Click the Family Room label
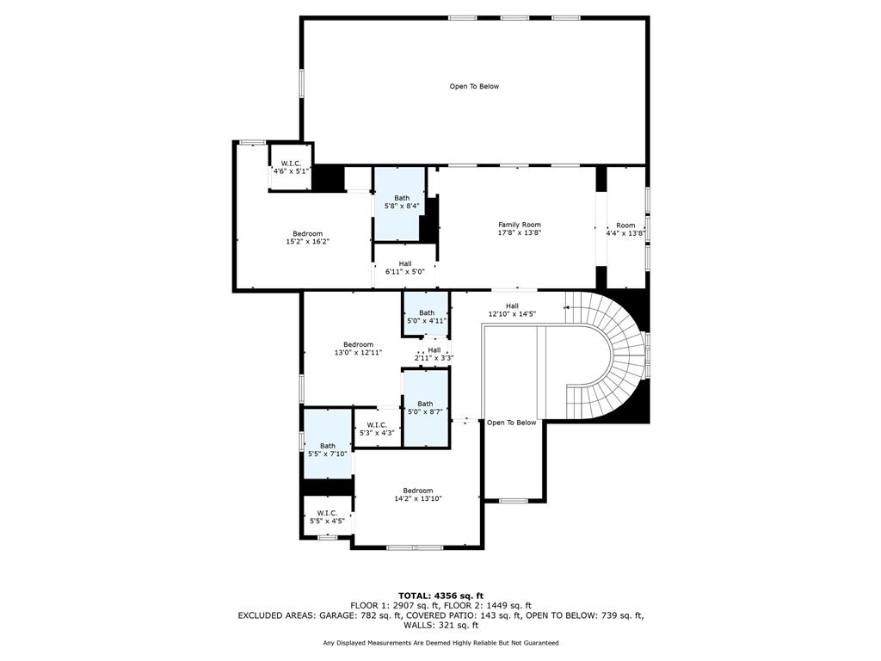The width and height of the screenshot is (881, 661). click(x=519, y=225)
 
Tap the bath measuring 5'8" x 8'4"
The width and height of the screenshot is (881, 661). click(x=401, y=202)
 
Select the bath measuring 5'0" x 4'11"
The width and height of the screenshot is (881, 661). click(x=427, y=316)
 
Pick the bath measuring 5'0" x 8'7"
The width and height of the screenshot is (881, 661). click(x=425, y=407)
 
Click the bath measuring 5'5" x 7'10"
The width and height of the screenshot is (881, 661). click(x=328, y=449)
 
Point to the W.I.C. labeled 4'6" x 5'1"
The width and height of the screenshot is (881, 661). click(x=291, y=167)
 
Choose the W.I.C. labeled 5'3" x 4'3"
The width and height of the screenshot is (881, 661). click(x=377, y=429)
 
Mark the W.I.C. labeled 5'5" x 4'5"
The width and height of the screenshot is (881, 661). click(x=327, y=516)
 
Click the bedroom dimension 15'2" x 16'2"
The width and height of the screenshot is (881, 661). click(x=307, y=242)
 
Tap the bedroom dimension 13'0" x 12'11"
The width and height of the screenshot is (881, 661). click(x=358, y=352)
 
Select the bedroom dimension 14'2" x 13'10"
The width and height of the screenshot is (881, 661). click(x=418, y=498)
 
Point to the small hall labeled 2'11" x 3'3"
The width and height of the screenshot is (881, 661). click(x=434, y=354)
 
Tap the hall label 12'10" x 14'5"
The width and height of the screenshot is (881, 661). click(x=512, y=314)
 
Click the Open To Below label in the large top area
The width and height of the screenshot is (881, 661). click(x=474, y=86)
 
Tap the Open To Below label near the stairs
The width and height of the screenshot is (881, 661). click(x=511, y=423)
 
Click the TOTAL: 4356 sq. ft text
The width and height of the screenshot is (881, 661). click(x=440, y=596)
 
